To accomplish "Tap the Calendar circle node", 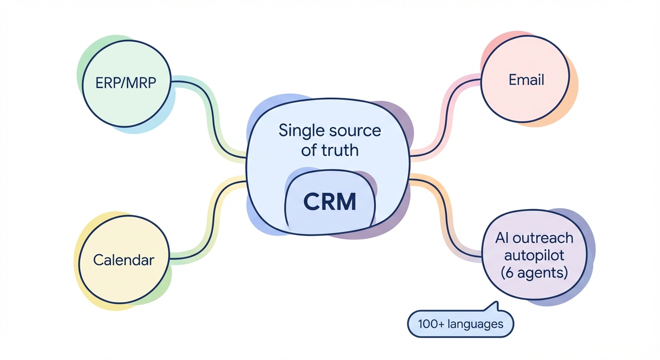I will tap(123, 260).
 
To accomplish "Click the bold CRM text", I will tap(330, 202).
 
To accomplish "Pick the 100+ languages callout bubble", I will tap(460, 323).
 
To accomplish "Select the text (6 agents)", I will tap(534, 273).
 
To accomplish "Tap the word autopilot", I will tap(534, 255).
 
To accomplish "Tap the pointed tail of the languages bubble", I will tap(492, 306).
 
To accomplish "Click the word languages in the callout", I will tap(474, 324).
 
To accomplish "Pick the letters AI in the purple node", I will tap(502, 238).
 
